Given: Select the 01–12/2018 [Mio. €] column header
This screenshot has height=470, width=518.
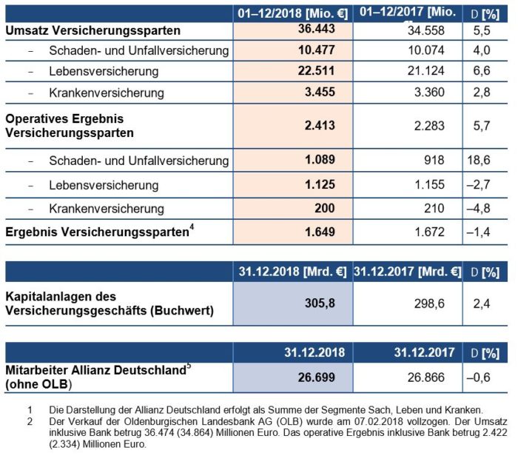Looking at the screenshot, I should [292, 13].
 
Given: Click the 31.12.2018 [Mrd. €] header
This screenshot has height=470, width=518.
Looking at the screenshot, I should [292, 271].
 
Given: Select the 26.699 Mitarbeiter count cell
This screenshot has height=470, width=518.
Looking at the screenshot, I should [316, 377].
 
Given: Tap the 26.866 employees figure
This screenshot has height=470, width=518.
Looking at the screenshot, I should [424, 377].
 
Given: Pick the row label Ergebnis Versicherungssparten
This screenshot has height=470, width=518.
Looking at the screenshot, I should [96, 232].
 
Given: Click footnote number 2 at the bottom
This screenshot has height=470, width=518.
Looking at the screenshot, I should [30, 420].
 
